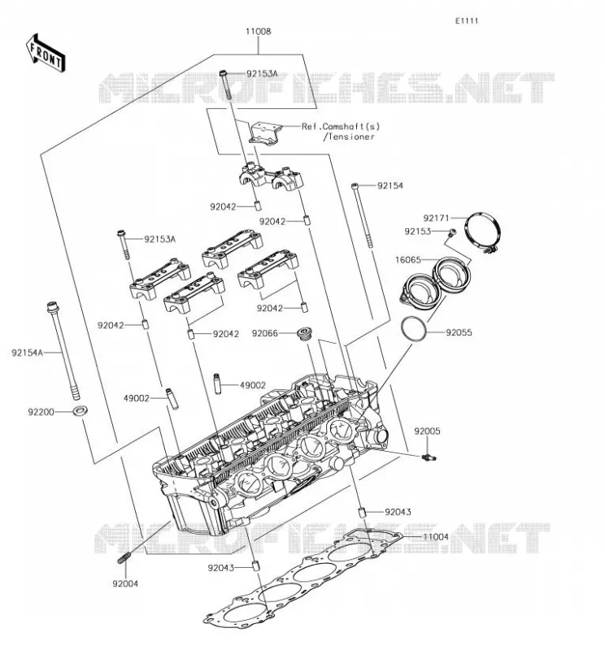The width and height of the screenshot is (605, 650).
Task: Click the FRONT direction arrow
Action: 46,54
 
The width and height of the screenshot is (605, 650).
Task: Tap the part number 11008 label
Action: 258,32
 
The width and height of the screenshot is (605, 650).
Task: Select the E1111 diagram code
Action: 467,21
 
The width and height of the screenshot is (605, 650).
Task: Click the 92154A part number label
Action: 28,353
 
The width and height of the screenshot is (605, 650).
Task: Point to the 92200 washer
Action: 80,411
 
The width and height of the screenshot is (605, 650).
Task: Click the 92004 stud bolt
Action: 124,558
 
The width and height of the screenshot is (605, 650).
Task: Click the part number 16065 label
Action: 408,260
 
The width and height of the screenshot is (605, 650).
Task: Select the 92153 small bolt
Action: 451,232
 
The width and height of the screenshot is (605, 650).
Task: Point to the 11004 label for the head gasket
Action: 436,537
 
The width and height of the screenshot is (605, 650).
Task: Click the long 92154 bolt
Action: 362,215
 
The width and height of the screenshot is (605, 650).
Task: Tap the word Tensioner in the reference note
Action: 351,136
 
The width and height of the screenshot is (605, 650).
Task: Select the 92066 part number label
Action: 265,334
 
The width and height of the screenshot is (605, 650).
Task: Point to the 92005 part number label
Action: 427,431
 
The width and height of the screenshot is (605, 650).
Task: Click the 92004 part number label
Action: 125,583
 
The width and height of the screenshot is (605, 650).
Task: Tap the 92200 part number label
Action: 41,412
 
